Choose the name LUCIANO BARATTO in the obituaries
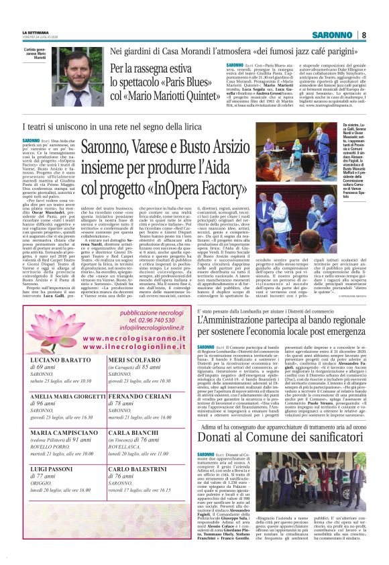pos(57,361)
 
